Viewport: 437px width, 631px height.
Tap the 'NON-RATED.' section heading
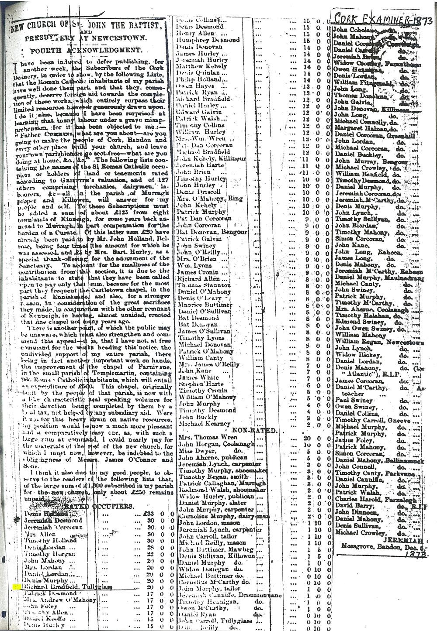pyautogui.click(x=255, y=431)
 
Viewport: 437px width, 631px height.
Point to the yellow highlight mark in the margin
pyautogui.click(x=16, y=587)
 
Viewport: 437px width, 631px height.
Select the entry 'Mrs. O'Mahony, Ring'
pyautogui.click(x=208, y=199)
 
